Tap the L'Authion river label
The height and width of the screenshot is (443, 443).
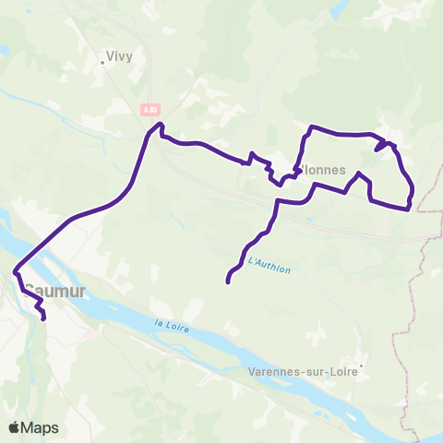tap(269, 266)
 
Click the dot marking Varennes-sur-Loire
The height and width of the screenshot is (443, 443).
tap(363, 365)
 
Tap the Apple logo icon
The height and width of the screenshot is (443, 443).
tap(15, 427)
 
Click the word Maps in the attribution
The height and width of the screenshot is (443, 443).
tap(41, 427)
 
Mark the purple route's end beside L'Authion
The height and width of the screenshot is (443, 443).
tap(227, 281)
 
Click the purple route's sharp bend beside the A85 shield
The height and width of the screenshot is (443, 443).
tap(161, 125)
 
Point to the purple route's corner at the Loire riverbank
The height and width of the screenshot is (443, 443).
tap(16, 270)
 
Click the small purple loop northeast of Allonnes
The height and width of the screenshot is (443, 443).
tap(383, 145)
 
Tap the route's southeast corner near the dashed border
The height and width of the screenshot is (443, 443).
tap(408, 209)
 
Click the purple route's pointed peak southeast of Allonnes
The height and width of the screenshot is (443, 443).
tap(357, 174)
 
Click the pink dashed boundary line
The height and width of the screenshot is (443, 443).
tap(422, 268)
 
